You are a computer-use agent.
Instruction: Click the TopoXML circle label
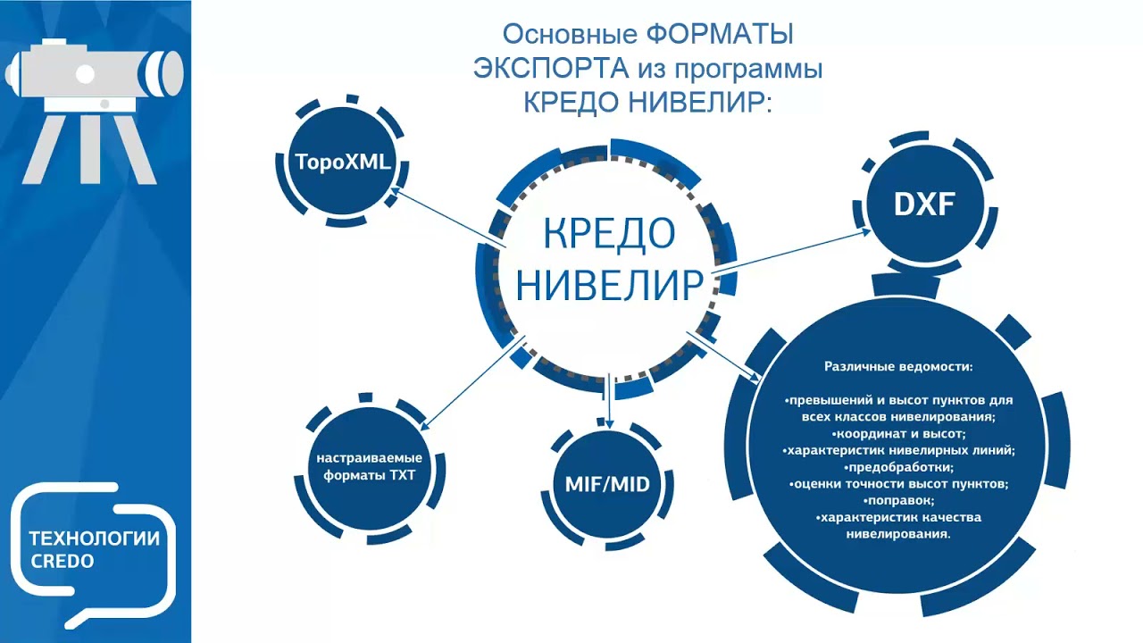[x=344, y=162]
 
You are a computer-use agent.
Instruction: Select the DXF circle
[x=924, y=205]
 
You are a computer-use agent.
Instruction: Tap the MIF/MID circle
[x=607, y=485]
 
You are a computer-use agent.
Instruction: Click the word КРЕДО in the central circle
[x=609, y=234]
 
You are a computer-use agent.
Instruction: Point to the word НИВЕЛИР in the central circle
[x=609, y=286]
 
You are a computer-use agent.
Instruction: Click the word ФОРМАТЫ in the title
[x=719, y=35]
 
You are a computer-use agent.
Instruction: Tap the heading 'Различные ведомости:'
[x=897, y=367]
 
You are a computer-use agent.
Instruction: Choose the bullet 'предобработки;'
[x=898, y=467]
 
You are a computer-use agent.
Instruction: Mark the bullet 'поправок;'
[x=898, y=501]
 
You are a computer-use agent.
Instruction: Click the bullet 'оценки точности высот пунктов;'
[x=898, y=484]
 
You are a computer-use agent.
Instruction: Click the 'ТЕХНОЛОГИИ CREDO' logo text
[x=94, y=549]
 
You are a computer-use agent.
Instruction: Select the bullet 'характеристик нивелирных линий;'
[x=898, y=450]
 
